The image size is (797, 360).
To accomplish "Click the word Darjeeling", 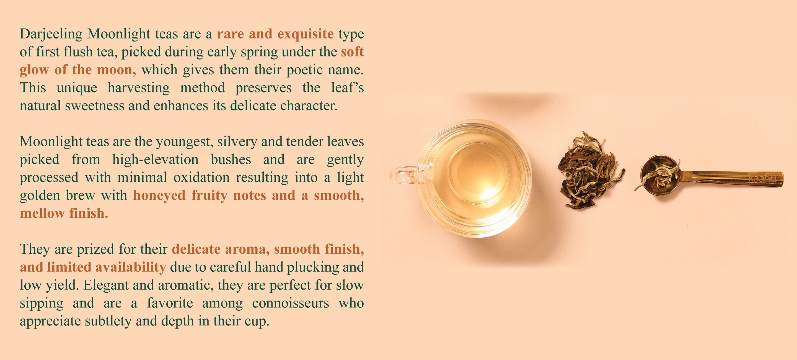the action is pyautogui.click(x=51, y=34).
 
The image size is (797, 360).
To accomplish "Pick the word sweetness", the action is pyautogui.click(x=95, y=106).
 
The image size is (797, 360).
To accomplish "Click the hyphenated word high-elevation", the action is pyautogui.click(x=155, y=160).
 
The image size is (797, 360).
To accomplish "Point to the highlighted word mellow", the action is pyautogui.click(x=42, y=214).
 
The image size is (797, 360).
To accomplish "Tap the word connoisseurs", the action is pyautogui.click(x=291, y=303).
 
